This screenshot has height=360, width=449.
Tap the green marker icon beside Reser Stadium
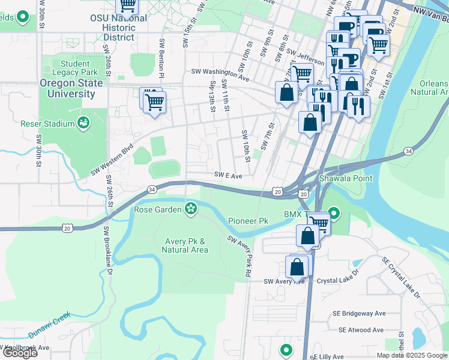84,124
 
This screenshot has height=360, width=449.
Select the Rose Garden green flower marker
191,209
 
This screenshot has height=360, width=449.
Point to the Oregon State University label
67,89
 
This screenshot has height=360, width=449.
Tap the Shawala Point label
346,178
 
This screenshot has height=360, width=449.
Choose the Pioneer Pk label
247,221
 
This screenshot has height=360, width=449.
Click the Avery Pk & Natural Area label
185,245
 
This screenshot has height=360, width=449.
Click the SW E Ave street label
228,176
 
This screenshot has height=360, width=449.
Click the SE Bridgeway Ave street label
359,314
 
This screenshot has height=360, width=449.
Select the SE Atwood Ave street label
361,330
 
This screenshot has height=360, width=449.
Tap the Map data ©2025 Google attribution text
412,355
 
